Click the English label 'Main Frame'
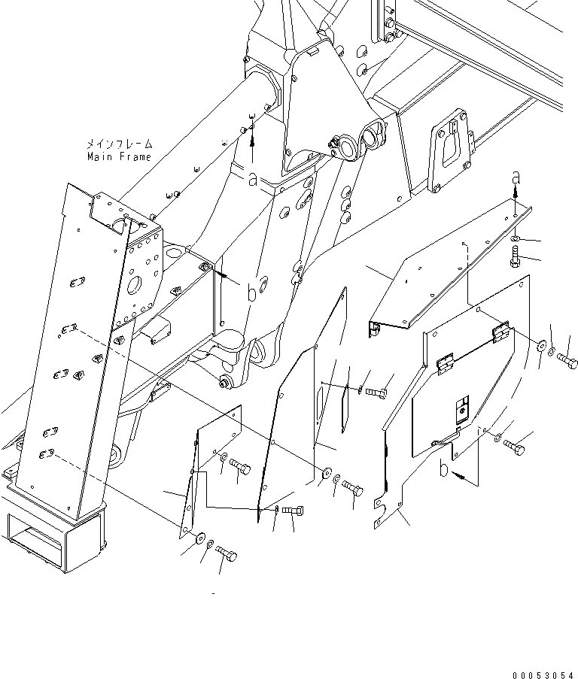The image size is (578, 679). [x=118, y=157]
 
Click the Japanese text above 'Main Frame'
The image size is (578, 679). [x=118, y=143]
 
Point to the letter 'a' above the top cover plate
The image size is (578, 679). [x=515, y=177]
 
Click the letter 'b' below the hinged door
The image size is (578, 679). [x=444, y=469]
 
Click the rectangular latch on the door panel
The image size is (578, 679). [x=461, y=411]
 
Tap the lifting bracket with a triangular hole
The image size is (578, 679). [x=449, y=146]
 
